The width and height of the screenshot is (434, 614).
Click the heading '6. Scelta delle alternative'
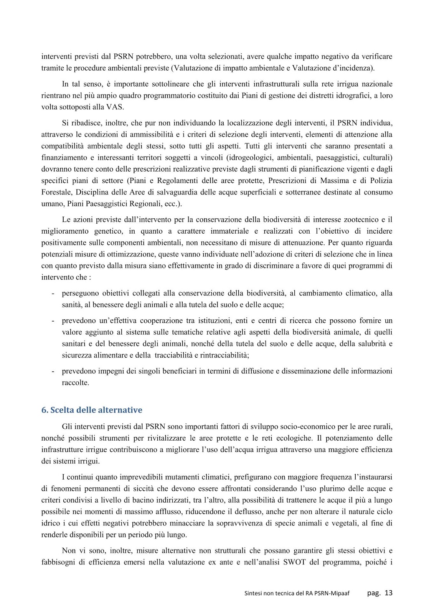[x=92, y=410]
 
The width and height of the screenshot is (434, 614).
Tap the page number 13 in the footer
[x=388, y=593]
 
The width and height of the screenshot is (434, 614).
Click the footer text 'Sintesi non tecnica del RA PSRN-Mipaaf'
[x=297, y=593]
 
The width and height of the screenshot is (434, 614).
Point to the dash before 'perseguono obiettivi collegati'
[x=53, y=294]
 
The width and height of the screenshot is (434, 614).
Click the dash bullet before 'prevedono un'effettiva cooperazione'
[x=53, y=321]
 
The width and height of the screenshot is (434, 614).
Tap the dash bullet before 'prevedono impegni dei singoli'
[x=53, y=371]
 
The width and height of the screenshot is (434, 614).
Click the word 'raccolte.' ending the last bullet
[x=76, y=383]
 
